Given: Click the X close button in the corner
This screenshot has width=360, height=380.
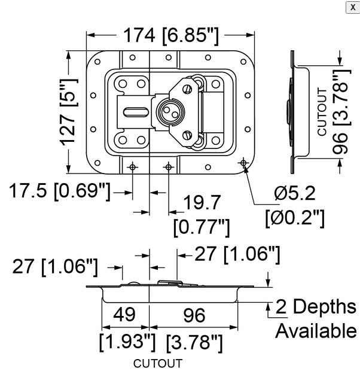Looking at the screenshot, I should [352, 7].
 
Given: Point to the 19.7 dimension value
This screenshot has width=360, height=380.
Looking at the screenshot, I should [202, 203].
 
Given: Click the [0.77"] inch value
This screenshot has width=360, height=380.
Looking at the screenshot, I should [202, 227].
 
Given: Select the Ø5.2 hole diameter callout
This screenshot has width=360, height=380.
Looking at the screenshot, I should [294, 193].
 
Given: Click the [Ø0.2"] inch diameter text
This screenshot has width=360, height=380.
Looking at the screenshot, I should [294, 217].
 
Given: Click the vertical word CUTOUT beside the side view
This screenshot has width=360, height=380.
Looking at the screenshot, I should [322, 111].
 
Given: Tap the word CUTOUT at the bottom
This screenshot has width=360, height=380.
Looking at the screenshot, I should [157, 363].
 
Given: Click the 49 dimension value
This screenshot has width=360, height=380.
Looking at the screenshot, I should [125, 315].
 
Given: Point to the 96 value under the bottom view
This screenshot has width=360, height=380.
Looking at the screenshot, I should [193, 315].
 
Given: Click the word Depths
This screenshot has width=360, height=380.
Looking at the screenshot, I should [325, 306].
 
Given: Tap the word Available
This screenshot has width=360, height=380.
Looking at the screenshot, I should [315, 330].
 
